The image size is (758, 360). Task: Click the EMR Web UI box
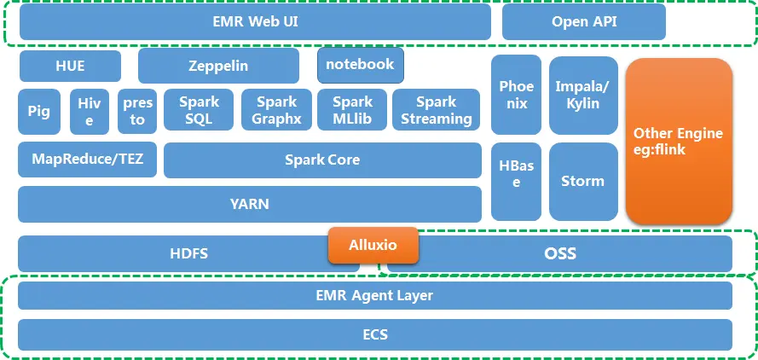[x=255, y=22]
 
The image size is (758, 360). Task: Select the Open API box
[x=583, y=22]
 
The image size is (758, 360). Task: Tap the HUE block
[x=70, y=65]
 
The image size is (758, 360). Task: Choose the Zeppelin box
[x=218, y=65]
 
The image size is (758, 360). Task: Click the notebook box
[x=360, y=65]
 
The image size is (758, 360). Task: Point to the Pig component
[x=38, y=111]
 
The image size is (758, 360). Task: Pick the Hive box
[x=90, y=111]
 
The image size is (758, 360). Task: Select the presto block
[x=137, y=111]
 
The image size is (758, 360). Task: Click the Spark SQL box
[x=199, y=111]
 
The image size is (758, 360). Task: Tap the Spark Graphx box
[x=276, y=111]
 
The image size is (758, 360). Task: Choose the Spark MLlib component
[x=352, y=111]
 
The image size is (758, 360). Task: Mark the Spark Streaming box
[x=436, y=111]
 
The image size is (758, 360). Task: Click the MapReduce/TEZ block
[x=87, y=160]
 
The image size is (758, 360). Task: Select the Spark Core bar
[x=322, y=160]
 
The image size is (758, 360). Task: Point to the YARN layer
[x=249, y=204]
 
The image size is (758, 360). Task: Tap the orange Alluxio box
[x=373, y=245]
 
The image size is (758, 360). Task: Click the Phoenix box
[x=516, y=95]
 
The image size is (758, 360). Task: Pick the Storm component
[x=583, y=181]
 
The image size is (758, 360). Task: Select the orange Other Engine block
[x=679, y=141]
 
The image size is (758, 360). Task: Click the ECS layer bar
[x=374, y=334]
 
